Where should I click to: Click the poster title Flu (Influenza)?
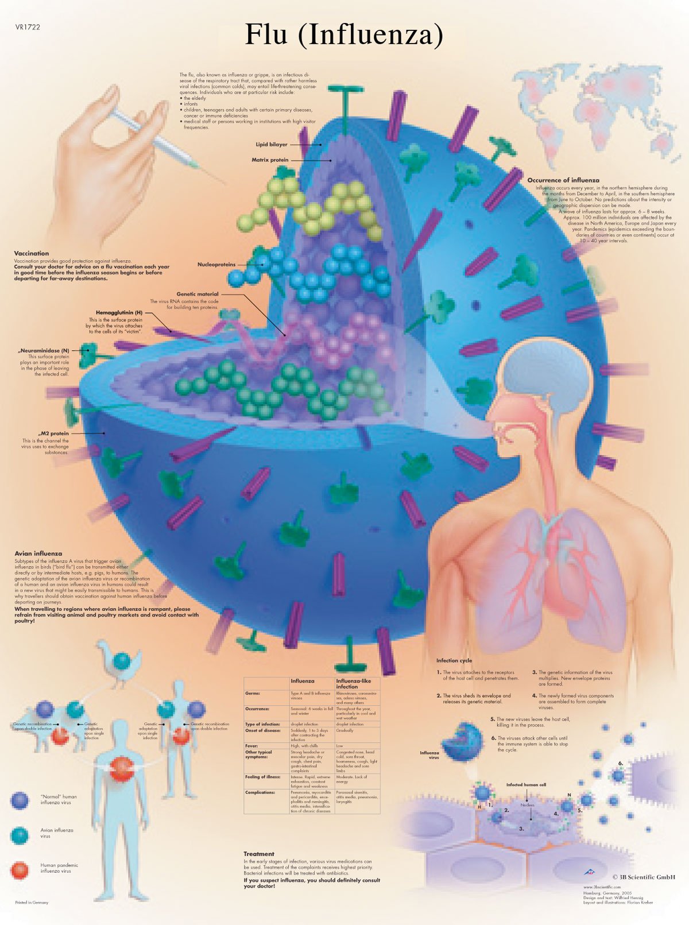pos(344,35)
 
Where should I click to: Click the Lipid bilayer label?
pos(272,145)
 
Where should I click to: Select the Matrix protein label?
pos(270,160)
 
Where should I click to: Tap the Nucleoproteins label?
pos(216,265)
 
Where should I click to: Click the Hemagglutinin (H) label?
pos(119,313)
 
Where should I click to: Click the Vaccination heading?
pos(32,253)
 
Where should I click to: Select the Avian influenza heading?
pos(38,554)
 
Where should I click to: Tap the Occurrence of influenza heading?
pos(563,180)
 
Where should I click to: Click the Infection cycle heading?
pos(454,660)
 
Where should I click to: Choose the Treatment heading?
pos(259,854)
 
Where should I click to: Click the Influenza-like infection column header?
pos(353,683)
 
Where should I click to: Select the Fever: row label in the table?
pos(252,746)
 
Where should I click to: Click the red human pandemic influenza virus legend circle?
pos(19,870)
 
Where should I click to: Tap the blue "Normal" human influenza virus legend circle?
pos(20,800)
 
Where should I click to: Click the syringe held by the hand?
pos(155,141)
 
